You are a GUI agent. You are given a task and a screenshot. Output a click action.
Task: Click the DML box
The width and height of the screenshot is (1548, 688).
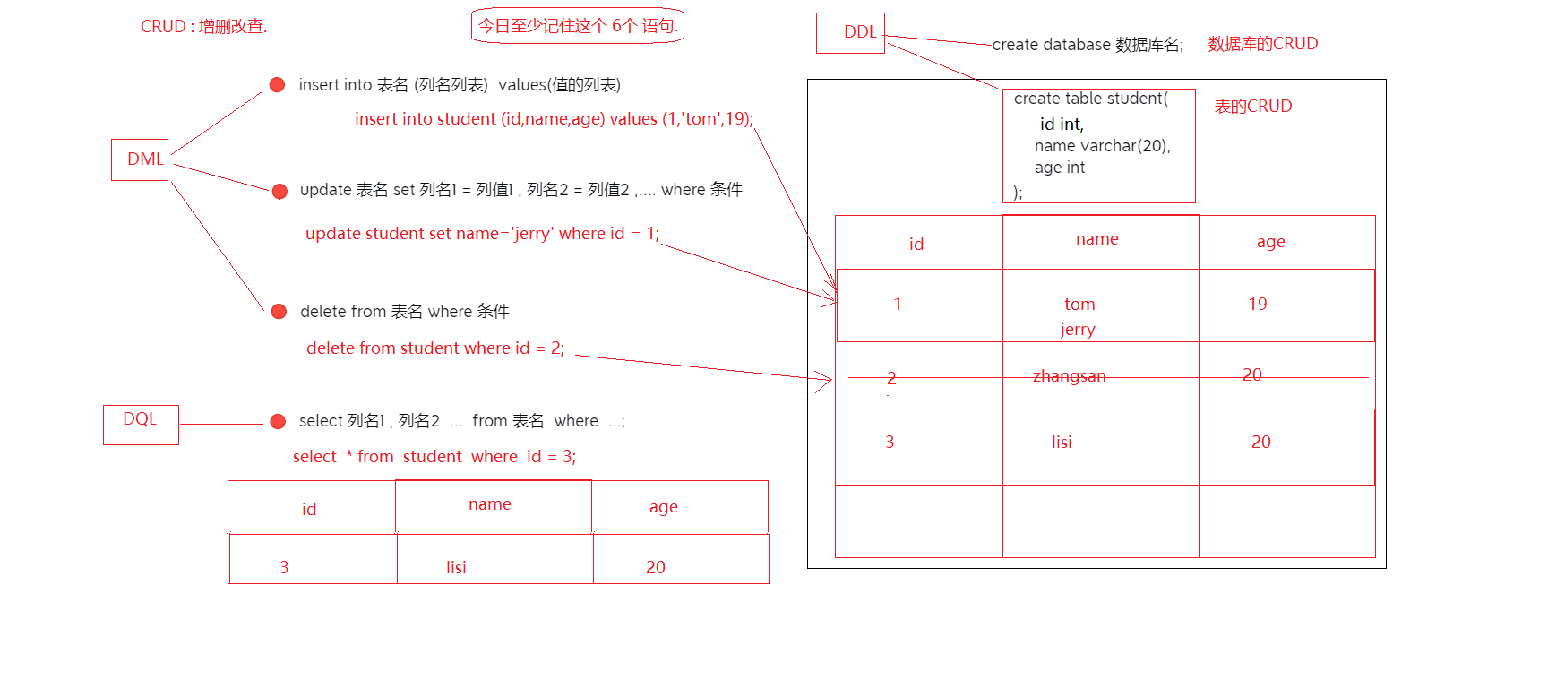[141, 159]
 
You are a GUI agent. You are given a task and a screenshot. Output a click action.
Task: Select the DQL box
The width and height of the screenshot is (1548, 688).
[141, 424]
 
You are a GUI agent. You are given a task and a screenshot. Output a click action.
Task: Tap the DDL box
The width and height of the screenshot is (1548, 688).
[851, 33]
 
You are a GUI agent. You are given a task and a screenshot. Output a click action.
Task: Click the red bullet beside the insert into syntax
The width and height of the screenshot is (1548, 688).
[278, 85]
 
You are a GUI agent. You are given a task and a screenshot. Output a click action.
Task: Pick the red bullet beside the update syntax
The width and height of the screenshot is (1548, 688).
[279, 191]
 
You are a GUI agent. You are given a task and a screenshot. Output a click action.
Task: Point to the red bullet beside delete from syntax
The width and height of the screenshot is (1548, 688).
[279, 312]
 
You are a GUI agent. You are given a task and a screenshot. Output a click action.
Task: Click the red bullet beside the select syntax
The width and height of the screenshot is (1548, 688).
[278, 421]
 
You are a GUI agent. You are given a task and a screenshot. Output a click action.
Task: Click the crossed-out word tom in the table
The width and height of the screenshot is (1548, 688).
[1079, 305]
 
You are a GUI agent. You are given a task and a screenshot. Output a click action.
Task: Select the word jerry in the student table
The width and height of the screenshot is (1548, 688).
[1078, 330]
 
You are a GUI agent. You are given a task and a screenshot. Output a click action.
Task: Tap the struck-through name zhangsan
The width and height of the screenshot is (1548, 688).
[1070, 376]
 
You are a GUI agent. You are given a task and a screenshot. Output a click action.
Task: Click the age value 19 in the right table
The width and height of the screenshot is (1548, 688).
[1258, 305]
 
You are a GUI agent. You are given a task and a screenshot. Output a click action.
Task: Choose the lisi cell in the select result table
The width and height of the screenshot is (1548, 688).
[456, 568]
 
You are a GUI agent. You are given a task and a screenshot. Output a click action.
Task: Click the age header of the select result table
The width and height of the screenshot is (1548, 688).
[664, 507]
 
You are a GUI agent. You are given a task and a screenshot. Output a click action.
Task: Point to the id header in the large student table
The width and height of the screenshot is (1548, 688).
[916, 245]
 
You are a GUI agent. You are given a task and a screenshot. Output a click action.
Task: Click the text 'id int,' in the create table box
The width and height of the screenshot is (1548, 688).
[1062, 125]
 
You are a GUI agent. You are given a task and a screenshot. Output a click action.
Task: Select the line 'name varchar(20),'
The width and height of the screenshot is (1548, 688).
[1102, 146]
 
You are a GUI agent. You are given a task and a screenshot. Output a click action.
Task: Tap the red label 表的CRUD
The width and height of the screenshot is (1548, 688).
[1252, 107]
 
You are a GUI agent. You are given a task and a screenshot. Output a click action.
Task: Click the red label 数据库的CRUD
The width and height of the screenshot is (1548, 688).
[1262, 44]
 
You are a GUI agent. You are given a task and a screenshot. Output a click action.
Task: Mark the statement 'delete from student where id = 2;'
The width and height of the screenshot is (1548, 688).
[435, 348]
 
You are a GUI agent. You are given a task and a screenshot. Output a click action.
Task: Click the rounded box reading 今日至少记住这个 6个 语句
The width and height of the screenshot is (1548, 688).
[578, 26]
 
